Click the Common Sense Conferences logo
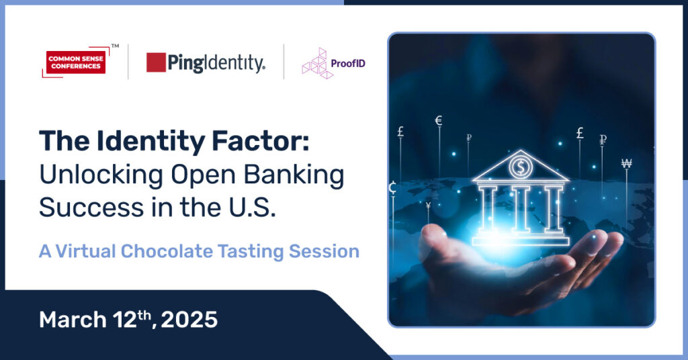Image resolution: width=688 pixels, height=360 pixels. (x=75, y=62)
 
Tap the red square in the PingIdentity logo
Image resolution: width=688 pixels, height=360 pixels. (x=156, y=62)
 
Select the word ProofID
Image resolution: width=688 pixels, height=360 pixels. (x=348, y=64)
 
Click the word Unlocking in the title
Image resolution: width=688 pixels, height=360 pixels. (x=101, y=175)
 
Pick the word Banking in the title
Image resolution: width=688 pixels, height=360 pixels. (x=294, y=175)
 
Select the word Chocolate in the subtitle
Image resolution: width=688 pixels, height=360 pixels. (x=167, y=251)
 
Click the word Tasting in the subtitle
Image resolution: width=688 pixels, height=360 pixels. (x=251, y=252)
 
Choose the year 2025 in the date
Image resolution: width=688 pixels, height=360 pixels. (x=189, y=320)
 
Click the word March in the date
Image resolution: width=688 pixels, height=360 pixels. (x=73, y=320)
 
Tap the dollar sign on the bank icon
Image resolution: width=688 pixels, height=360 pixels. (x=521, y=167)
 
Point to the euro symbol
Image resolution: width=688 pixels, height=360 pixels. (x=438, y=121)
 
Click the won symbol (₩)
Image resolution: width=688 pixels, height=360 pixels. (x=627, y=164)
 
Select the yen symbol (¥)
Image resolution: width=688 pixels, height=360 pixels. (x=428, y=206)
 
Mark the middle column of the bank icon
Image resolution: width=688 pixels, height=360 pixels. (x=521, y=209)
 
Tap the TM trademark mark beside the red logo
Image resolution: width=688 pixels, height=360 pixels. (x=115, y=46)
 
